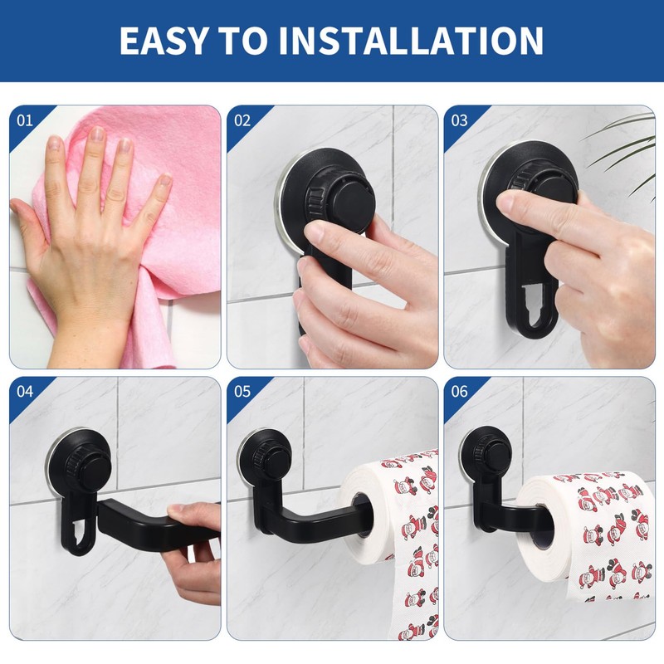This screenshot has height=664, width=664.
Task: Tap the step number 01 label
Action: [25, 120]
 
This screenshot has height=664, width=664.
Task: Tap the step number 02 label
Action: [242, 120]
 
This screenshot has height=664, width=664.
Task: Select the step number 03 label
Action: [459, 120]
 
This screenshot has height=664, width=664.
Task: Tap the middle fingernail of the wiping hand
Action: [99, 135]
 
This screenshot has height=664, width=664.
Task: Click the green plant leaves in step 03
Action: [622, 137]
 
